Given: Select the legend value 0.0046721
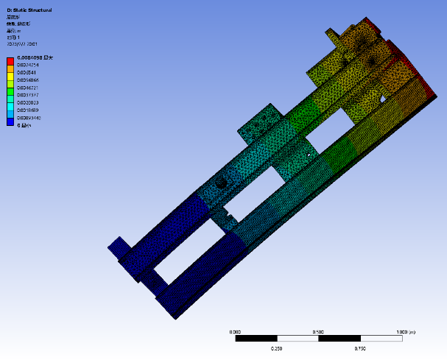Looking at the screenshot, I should (29, 88).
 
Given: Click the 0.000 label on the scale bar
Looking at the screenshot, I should (236, 332).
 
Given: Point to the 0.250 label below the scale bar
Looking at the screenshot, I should (277, 347).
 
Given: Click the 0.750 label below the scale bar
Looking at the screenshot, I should (360, 347).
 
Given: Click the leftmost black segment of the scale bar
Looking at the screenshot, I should (256, 339).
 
